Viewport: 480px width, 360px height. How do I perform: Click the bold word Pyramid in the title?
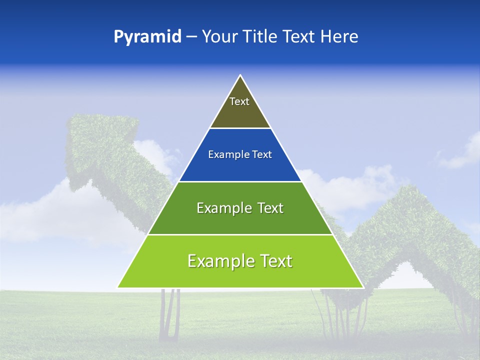point(147,37)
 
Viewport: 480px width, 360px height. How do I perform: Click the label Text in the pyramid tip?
point(239,101)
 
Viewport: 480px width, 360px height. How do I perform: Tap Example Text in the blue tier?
point(240,154)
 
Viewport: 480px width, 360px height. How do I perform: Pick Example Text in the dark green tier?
point(240,208)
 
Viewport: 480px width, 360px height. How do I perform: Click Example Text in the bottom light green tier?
point(240,261)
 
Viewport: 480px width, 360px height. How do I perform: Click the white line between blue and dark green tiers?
point(240,181)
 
